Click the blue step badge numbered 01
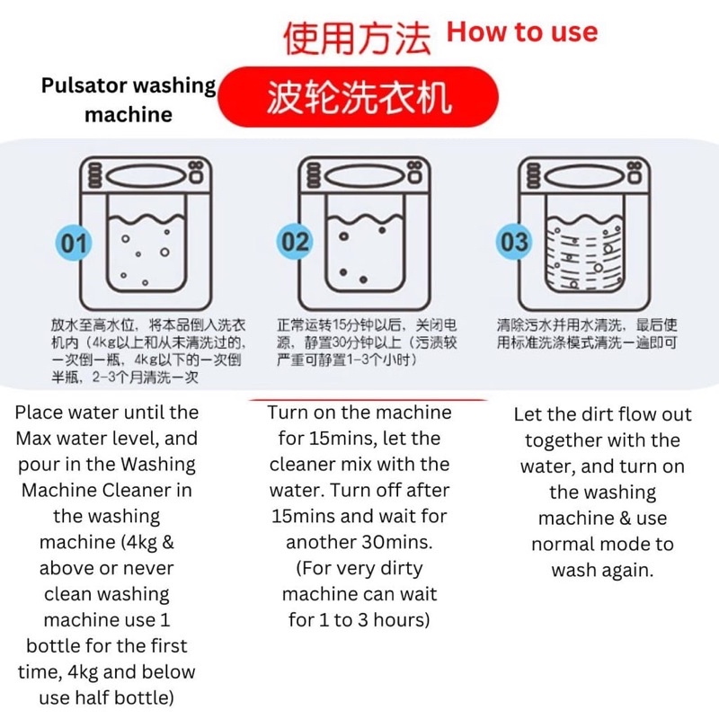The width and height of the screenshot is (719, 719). tap(74, 243)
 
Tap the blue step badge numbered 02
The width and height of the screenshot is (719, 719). tap(295, 241)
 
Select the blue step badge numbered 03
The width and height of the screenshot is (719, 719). tap(514, 241)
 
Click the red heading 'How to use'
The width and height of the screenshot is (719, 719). tap(522, 32)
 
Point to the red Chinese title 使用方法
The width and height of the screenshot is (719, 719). tap(357, 39)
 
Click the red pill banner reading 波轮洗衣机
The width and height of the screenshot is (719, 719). tap(358, 97)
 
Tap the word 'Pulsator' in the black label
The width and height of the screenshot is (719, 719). tap(84, 85)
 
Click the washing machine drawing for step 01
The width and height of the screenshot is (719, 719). tap(146, 233)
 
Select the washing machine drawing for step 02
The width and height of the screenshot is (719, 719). tap(365, 233)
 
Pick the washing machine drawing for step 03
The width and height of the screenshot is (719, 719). tap(584, 233)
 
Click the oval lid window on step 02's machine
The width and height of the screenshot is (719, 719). tap(365, 176)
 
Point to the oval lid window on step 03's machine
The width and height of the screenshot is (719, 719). tap(585, 176)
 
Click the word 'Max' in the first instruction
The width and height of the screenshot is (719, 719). tap(31, 439)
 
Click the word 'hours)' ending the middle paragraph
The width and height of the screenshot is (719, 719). tap(401, 620)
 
